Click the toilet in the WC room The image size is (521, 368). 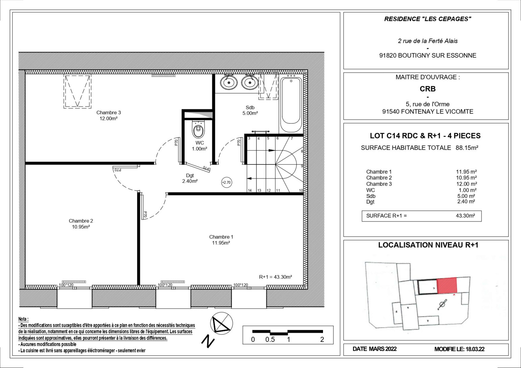pos(198,129)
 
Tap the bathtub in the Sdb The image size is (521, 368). pos(291,104)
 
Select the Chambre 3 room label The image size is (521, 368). pos(109,113)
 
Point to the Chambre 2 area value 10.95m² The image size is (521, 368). pos(81,227)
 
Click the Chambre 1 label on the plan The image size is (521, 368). pos(221,237)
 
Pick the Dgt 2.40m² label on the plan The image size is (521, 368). pos(190,178)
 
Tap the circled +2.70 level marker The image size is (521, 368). pos(226,182)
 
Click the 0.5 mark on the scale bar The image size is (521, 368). pos(270,339)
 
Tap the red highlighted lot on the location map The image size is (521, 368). pos(447,285)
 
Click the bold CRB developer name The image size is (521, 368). pos(428,89)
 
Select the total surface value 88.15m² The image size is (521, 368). pos(467,148)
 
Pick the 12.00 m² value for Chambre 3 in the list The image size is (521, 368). pos(466,184)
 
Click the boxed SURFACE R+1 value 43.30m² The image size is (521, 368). pos(465,216)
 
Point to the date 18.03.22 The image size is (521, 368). pos(475,349)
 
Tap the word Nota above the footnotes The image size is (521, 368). pos(23,319)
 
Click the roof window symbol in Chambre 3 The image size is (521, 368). pos(77,91)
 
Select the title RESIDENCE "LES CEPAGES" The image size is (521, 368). pos(428,19)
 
